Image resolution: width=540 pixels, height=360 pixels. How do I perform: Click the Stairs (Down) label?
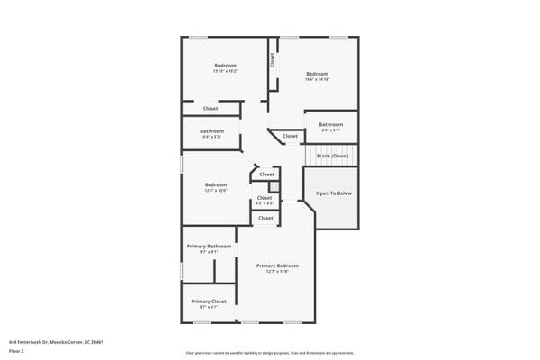pos(332,156)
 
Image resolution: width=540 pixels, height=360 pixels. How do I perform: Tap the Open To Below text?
pos(332,193)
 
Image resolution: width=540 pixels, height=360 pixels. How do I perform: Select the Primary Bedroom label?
pos(277,265)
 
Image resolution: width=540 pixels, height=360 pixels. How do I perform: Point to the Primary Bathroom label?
pos(210,246)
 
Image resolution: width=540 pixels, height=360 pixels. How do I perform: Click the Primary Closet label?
pos(207,301)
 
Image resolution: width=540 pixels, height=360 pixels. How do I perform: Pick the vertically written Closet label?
pos(272,60)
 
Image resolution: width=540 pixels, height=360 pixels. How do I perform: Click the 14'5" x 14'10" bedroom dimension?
pos(317,80)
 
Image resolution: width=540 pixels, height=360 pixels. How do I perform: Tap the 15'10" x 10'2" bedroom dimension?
pos(225,71)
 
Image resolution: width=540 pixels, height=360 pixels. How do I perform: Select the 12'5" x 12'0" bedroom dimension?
pos(216,191)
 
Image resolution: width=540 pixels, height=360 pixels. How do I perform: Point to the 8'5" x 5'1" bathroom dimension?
pos(330,130)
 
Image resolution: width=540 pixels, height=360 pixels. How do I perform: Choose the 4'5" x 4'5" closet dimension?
pos(265,203)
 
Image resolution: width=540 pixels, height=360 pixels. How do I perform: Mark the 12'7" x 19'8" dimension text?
pos(277,272)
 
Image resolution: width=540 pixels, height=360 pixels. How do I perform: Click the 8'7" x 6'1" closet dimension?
pos(207,307)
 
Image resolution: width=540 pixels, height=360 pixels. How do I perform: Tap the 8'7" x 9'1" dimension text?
pos(210,252)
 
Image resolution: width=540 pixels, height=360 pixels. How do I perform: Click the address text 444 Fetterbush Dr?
pos(57,342)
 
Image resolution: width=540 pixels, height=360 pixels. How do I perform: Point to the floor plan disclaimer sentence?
pos(269,352)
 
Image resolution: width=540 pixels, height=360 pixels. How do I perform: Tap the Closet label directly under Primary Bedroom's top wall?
pos(265,218)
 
